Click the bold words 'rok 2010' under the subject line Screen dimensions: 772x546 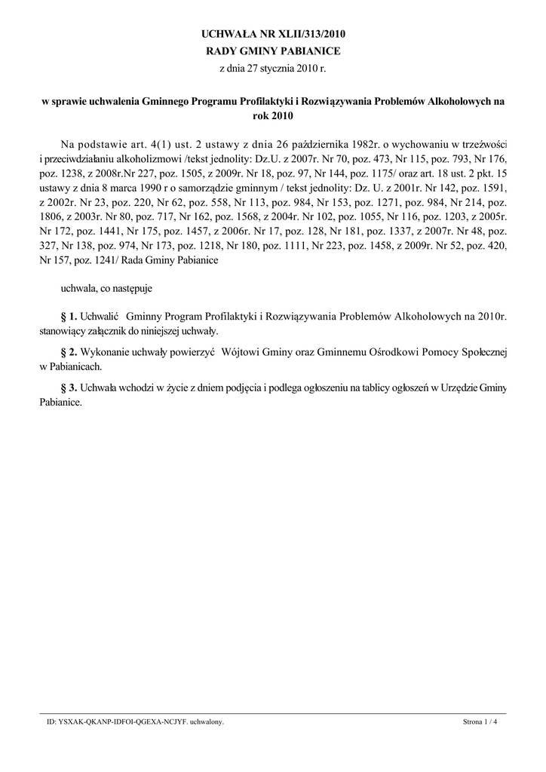pos(272,116)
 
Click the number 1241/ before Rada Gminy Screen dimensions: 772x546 pos(97,260)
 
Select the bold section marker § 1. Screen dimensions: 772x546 pos(69,317)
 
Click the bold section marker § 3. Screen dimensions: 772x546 pos(69,388)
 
